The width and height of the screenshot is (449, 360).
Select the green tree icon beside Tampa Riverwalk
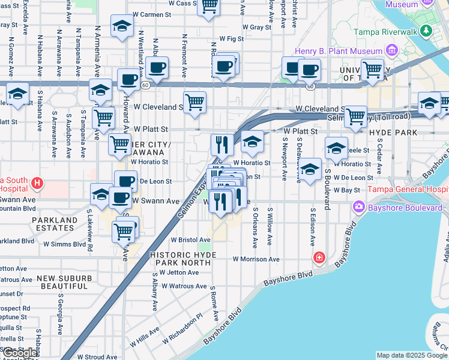(426, 30)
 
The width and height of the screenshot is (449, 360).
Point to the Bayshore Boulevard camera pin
(359, 207)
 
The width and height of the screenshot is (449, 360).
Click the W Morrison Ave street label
(256, 260)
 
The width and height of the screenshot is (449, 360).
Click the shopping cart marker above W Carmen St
(208, 7)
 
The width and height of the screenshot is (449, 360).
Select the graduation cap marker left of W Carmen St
(121, 27)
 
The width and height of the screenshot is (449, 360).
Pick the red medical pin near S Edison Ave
(320, 257)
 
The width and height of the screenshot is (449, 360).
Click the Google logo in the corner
(19, 353)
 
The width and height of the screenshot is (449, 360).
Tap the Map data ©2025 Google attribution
(412, 355)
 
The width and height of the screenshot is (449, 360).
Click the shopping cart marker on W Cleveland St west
(195, 103)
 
